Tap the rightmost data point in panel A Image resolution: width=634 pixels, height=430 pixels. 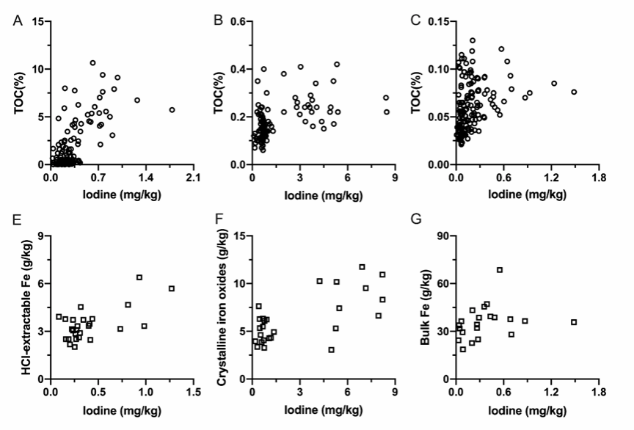(x=172, y=110)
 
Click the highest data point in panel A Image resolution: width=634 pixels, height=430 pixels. (x=93, y=63)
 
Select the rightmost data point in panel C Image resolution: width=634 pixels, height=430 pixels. (x=575, y=92)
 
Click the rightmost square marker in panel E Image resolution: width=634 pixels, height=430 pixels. (x=172, y=288)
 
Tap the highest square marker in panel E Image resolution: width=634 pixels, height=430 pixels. (x=139, y=277)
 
